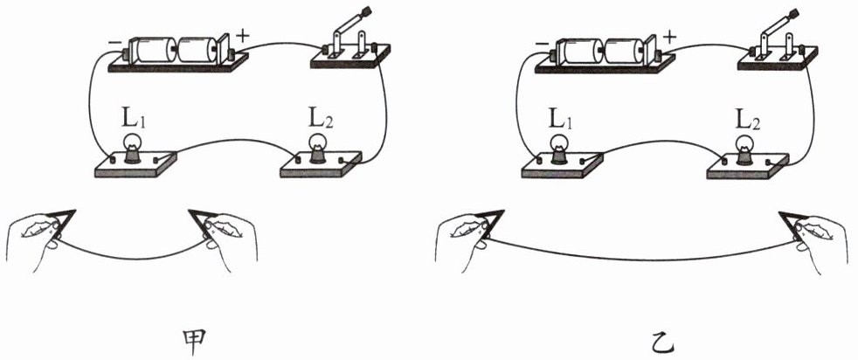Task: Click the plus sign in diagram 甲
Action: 242,36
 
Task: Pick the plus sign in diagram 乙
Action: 668,37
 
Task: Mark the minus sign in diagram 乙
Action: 542,42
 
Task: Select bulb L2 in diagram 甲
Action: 317,148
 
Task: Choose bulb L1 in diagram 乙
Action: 559,148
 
